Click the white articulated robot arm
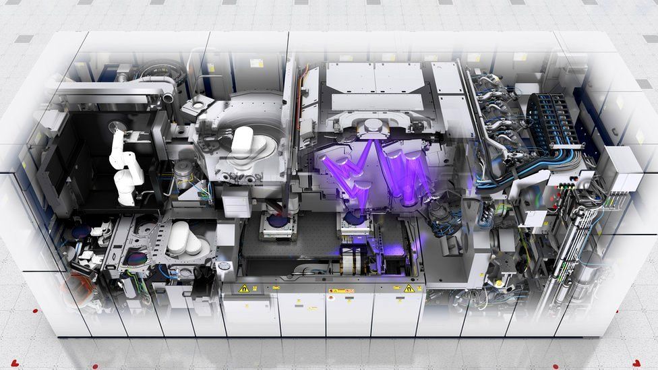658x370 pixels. click(125, 168)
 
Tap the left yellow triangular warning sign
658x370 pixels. click(243, 288)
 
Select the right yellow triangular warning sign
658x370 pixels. click(409, 288)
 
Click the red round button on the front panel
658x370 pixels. click(331, 290)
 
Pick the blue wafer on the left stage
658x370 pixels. click(278, 221)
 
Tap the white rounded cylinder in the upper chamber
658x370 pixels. click(242, 143)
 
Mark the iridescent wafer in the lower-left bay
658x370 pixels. click(136, 258)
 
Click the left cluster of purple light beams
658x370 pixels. click(347, 175)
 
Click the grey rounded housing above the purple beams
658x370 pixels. click(373, 126)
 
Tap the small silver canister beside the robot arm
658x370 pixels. click(183, 173)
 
